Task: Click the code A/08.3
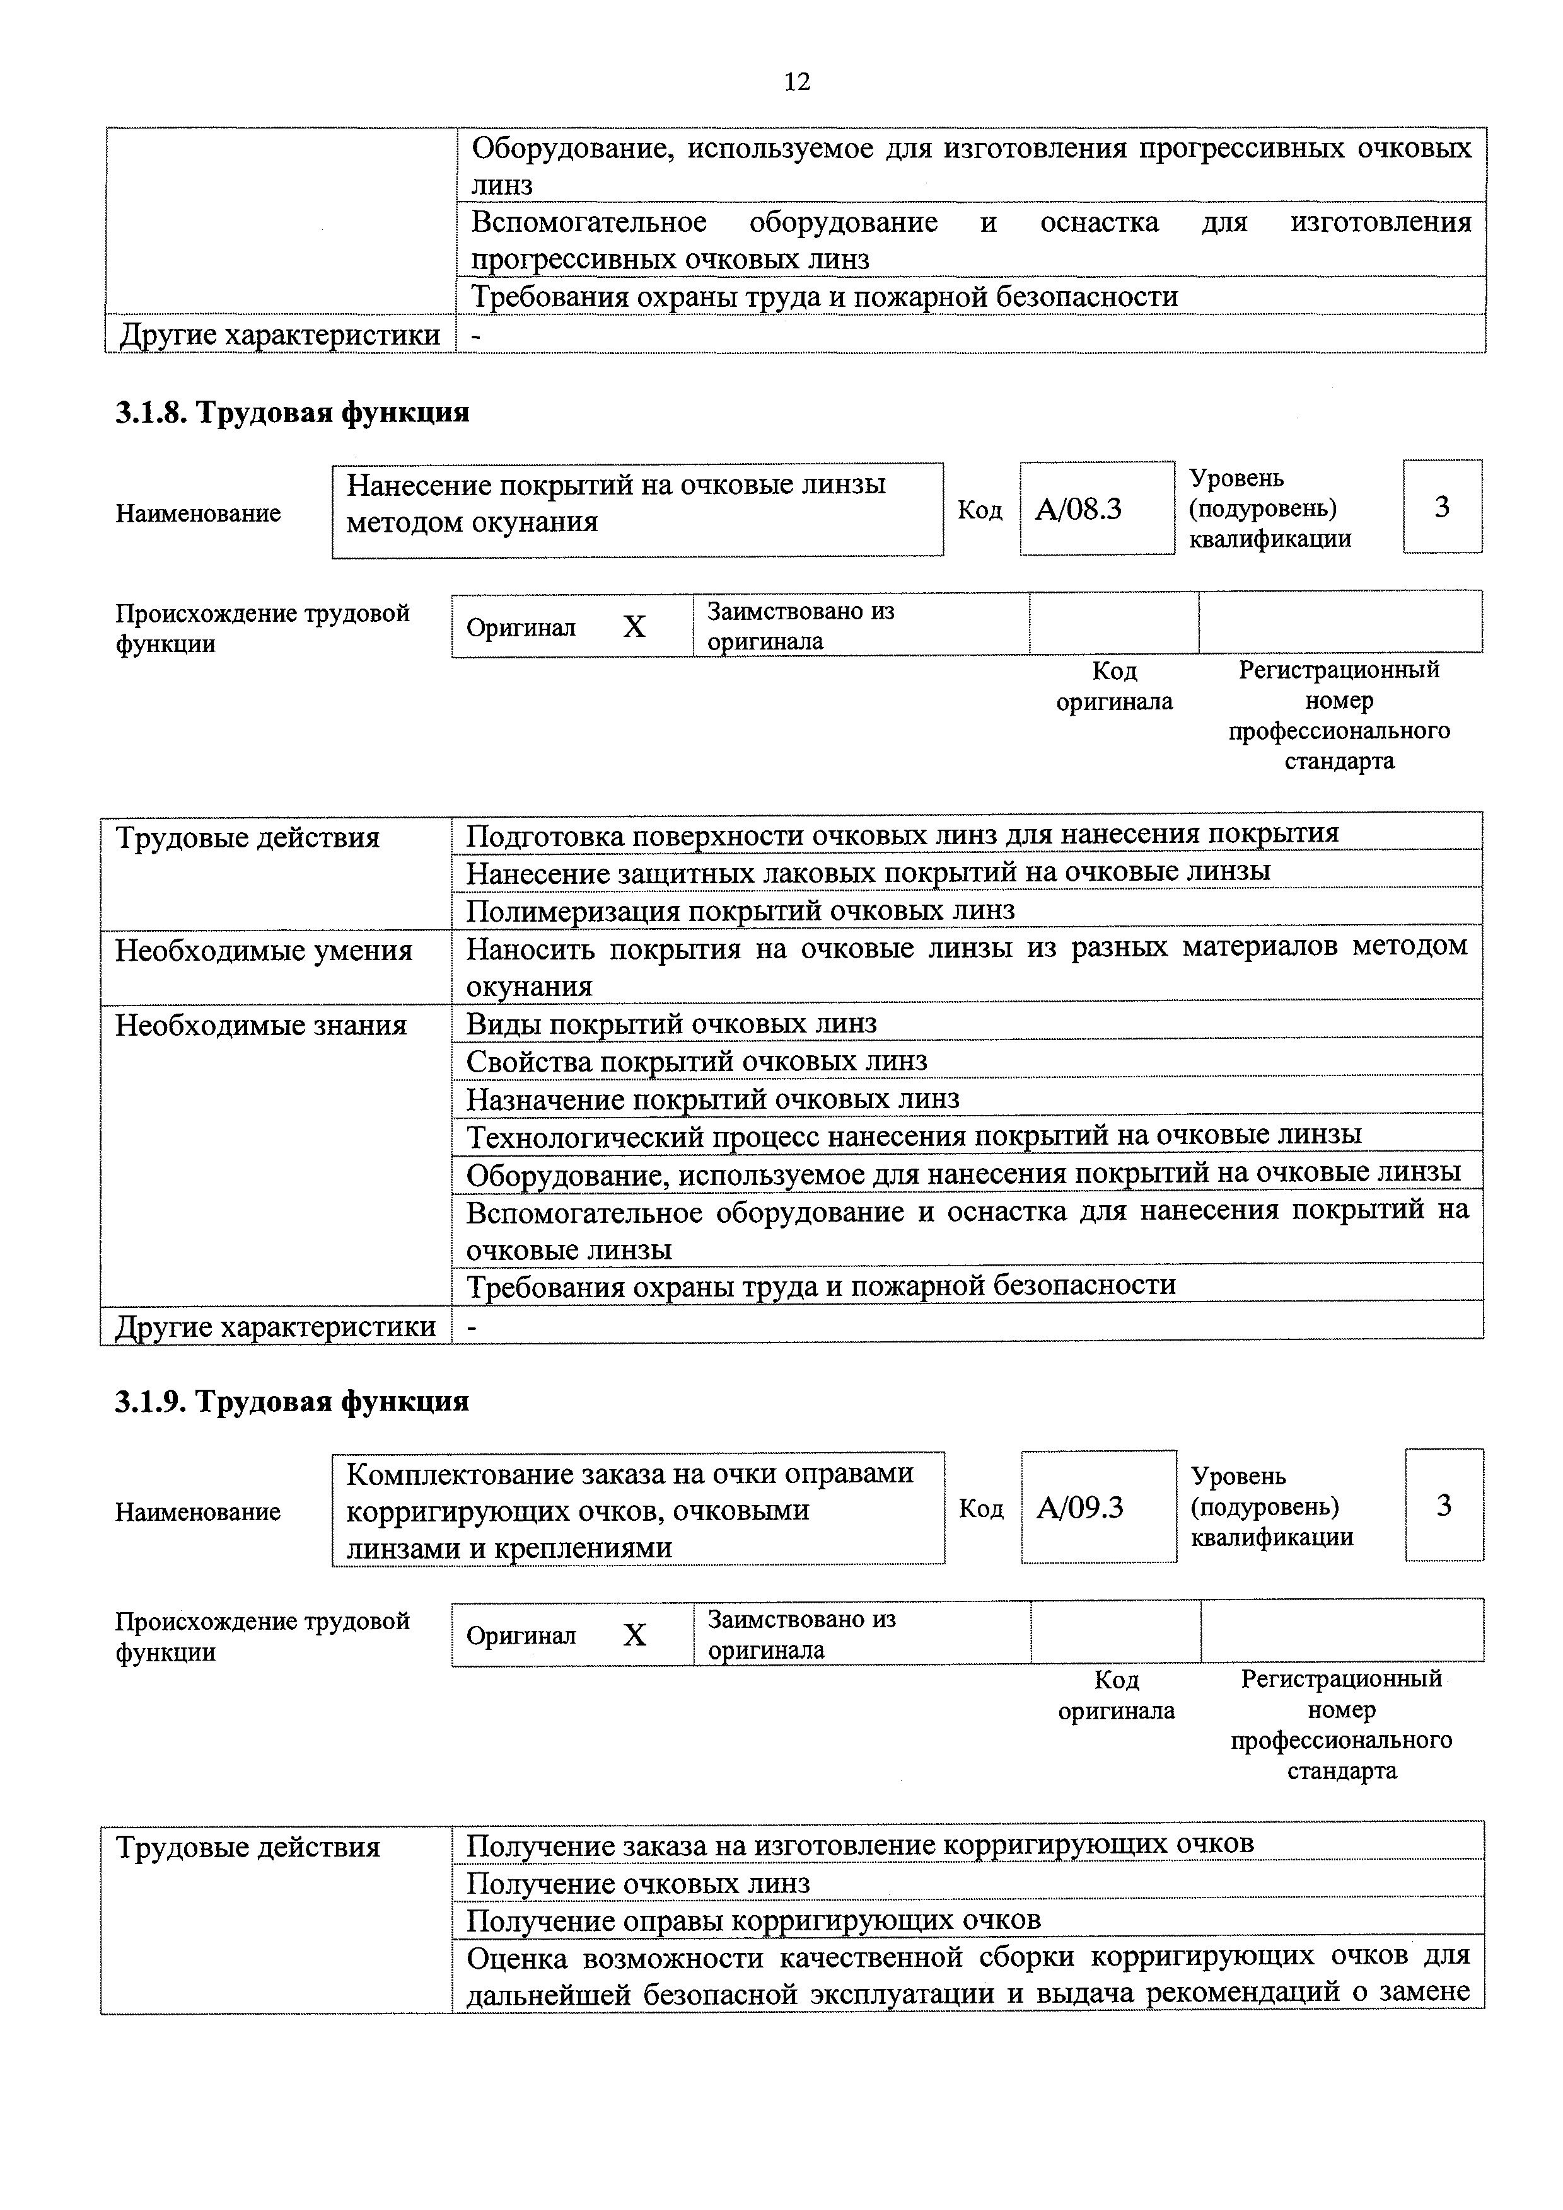[1079, 508]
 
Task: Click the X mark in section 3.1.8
[634, 627]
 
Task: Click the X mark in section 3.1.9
[635, 1635]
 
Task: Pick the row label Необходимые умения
[264, 951]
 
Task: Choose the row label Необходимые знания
[261, 1026]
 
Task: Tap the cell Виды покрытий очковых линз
[671, 1023]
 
